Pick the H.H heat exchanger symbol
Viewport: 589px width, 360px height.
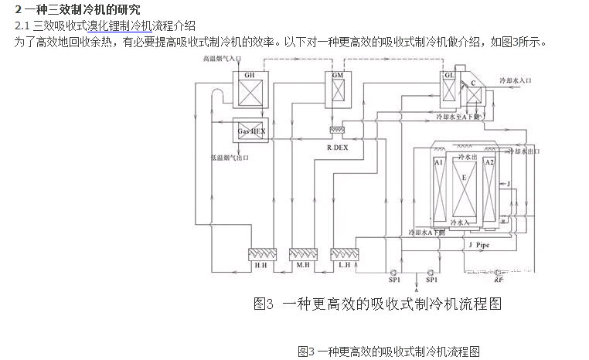[260, 253]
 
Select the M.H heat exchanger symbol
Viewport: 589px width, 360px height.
[303, 253]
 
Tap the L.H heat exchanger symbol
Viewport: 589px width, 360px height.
[345, 253]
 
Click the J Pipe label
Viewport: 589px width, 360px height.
[479, 245]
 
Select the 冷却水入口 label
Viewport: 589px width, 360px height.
[516, 80]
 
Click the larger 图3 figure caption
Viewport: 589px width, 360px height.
[377, 304]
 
